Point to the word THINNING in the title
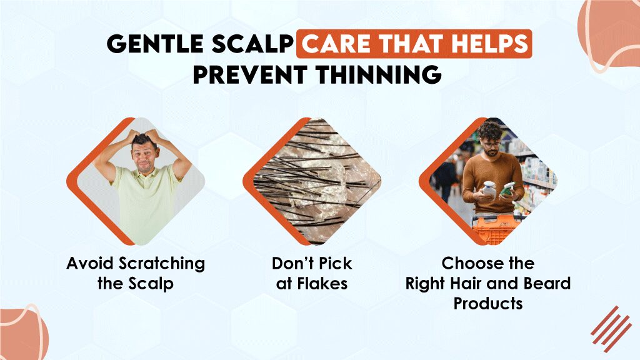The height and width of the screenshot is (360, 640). (x=377, y=74)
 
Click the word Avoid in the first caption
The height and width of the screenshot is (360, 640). (x=85, y=263)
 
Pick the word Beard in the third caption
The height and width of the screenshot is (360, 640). (x=545, y=283)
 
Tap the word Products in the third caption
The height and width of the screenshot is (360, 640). (x=488, y=304)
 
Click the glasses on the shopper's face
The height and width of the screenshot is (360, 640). (x=492, y=143)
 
